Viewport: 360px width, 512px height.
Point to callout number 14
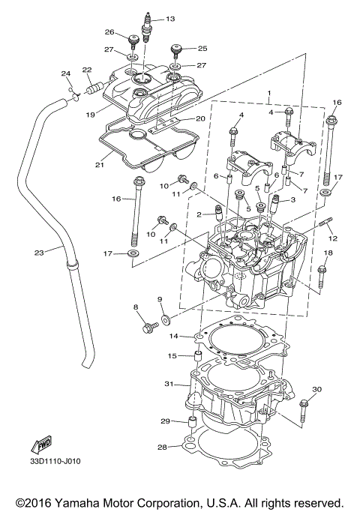172,337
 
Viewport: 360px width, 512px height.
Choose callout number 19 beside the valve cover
89,115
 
